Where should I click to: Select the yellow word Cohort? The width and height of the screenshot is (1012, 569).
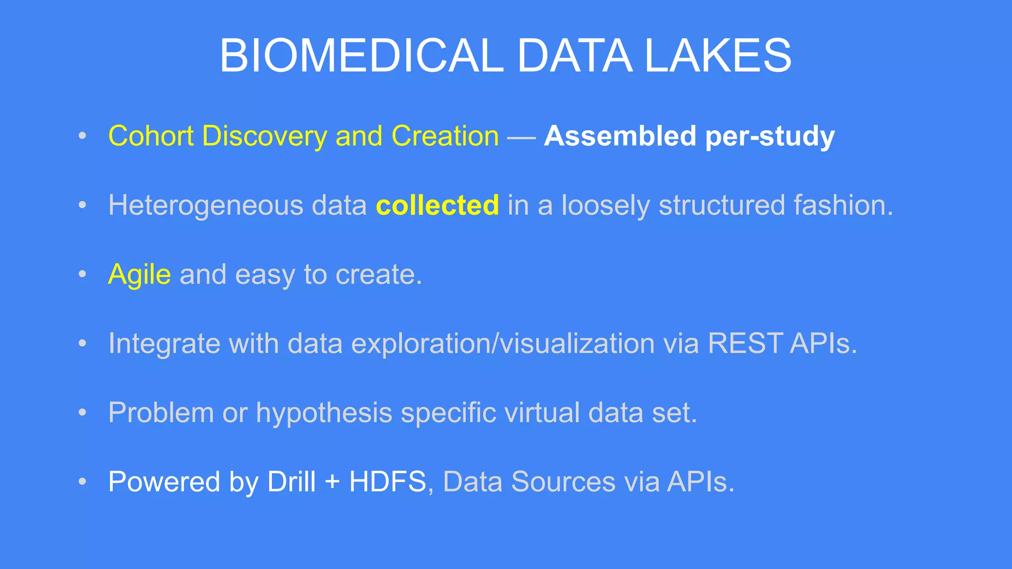point(151,136)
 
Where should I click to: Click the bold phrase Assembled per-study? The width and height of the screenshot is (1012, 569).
point(689,136)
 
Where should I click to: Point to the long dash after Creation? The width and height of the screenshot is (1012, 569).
point(521,137)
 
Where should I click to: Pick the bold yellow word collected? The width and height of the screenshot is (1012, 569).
point(437,205)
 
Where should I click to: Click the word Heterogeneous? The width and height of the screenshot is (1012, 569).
point(206,205)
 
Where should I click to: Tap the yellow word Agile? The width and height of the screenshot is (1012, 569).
point(139,275)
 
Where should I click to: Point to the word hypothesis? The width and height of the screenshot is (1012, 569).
point(324,413)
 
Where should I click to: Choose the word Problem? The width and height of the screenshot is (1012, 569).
point(161,412)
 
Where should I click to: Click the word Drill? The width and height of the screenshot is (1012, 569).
point(291,482)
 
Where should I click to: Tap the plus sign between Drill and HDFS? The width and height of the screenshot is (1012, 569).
point(332,483)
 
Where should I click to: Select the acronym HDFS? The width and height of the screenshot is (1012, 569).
point(387,482)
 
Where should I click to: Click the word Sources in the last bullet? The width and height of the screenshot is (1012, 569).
point(563,482)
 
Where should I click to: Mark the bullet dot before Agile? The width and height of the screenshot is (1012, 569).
point(83,274)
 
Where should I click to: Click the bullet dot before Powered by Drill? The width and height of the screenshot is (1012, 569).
point(83,482)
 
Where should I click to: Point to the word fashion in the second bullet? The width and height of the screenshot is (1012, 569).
point(843,205)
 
